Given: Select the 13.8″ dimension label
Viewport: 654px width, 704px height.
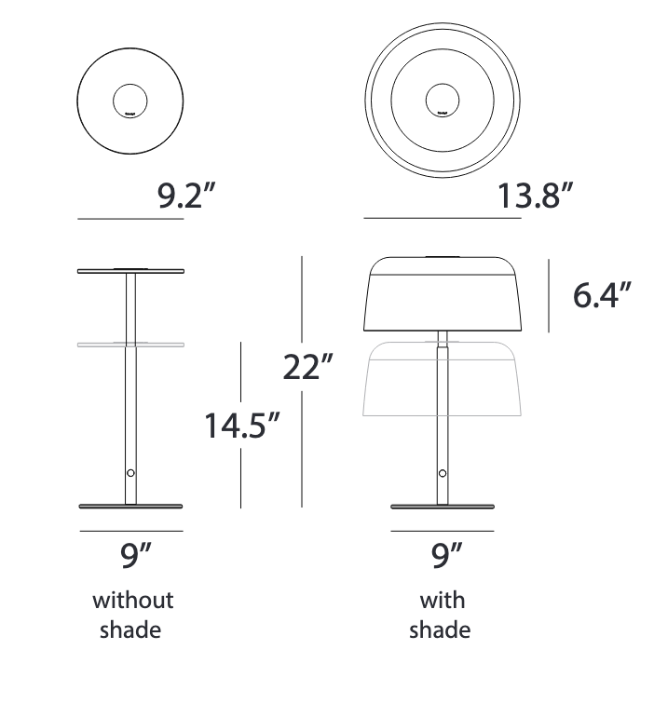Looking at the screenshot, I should (x=533, y=197).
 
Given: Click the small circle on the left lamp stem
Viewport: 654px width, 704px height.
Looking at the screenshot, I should (x=130, y=473).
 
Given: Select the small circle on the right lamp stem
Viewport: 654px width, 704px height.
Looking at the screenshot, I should (x=442, y=473).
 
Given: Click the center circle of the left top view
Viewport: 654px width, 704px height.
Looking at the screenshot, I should (x=130, y=101).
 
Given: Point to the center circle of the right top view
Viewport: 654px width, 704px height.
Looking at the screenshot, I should (x=442, y=101).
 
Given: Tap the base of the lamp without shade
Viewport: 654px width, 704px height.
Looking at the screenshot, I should (x=130, y=507).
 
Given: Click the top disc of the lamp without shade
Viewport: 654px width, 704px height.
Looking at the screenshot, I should (x=130, y=271).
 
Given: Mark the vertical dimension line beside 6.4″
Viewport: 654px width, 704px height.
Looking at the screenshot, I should (x=549, y=295).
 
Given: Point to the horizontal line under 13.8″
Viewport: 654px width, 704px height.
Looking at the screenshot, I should (x=442, y=219).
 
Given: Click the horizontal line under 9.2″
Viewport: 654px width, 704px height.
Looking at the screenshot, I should (x=130, y=219).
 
